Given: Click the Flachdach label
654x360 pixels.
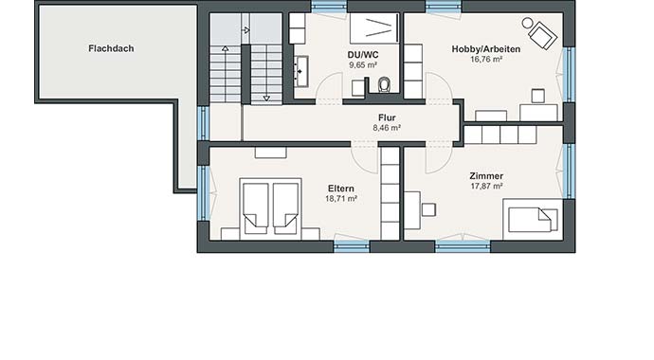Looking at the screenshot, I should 111,46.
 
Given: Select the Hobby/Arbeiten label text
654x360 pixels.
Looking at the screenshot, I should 484,46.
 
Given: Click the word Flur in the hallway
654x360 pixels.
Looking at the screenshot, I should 387,117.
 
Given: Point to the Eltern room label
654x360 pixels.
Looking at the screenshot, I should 341,188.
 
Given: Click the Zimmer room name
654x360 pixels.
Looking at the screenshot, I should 485,176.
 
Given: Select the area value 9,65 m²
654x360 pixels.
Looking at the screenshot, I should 364,67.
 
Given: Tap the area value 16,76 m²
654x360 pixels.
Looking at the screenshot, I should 484,58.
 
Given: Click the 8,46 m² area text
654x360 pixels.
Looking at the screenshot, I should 387,128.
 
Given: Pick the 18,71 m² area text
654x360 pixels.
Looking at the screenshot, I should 341,199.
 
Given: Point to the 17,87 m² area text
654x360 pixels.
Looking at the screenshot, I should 485,188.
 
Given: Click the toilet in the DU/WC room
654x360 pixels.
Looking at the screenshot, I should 384,86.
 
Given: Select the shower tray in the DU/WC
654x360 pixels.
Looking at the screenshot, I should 373,27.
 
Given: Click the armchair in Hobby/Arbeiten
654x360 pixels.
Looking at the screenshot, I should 541,35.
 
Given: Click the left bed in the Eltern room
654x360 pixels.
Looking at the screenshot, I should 256,208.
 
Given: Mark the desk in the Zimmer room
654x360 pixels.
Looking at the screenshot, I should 413,209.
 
